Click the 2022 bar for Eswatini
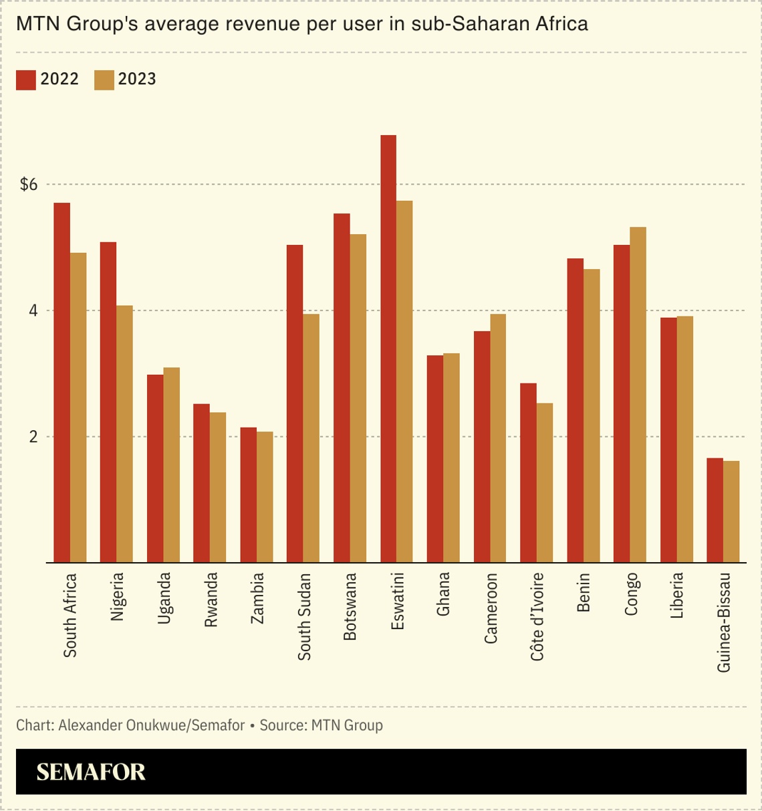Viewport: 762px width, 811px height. click(x=388, y=348)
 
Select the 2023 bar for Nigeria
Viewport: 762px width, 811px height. click(x=124, y=434)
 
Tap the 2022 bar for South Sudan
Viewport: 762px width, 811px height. click(x=295, y=403)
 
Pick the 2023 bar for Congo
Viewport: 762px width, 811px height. click(x=638, y=395)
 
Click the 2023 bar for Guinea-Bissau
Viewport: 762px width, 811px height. click(x=731, y=512)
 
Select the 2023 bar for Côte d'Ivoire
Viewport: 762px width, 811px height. click(x=544, y=482)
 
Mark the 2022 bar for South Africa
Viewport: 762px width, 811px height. click(x=62, y=382)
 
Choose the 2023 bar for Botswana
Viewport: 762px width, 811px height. click(x=358, y=398)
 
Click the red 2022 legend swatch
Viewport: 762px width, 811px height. click(x=26, y=80)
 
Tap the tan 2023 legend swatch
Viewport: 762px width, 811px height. click(x=104, y=80)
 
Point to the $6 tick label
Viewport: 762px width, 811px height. click(x=29, y=185)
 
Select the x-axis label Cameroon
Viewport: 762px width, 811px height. click(x=491, y=608)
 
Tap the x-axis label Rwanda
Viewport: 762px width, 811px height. click(x=211, y=600)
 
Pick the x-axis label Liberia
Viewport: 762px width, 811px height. click(x=677, y=595)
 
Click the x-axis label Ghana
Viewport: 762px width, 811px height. click(x=443, y=594)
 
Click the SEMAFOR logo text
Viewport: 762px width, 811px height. click(x=91, y=772)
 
